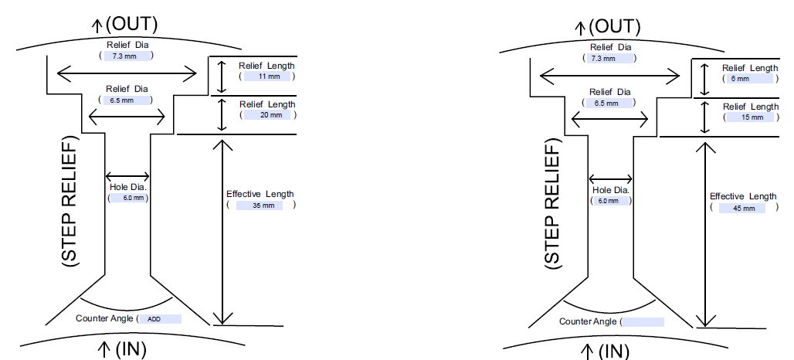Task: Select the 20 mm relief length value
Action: point(266,115)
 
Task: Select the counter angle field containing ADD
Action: point(161,318)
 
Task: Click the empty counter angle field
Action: point(642,322)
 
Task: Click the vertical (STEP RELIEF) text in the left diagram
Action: point(70,202)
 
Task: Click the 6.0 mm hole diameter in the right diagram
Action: point(610,201)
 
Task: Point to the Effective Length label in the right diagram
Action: point(743,197)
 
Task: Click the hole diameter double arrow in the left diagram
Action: point(127,176)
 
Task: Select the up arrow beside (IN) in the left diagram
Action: point(103,349)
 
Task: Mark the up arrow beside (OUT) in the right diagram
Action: point(579,29)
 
